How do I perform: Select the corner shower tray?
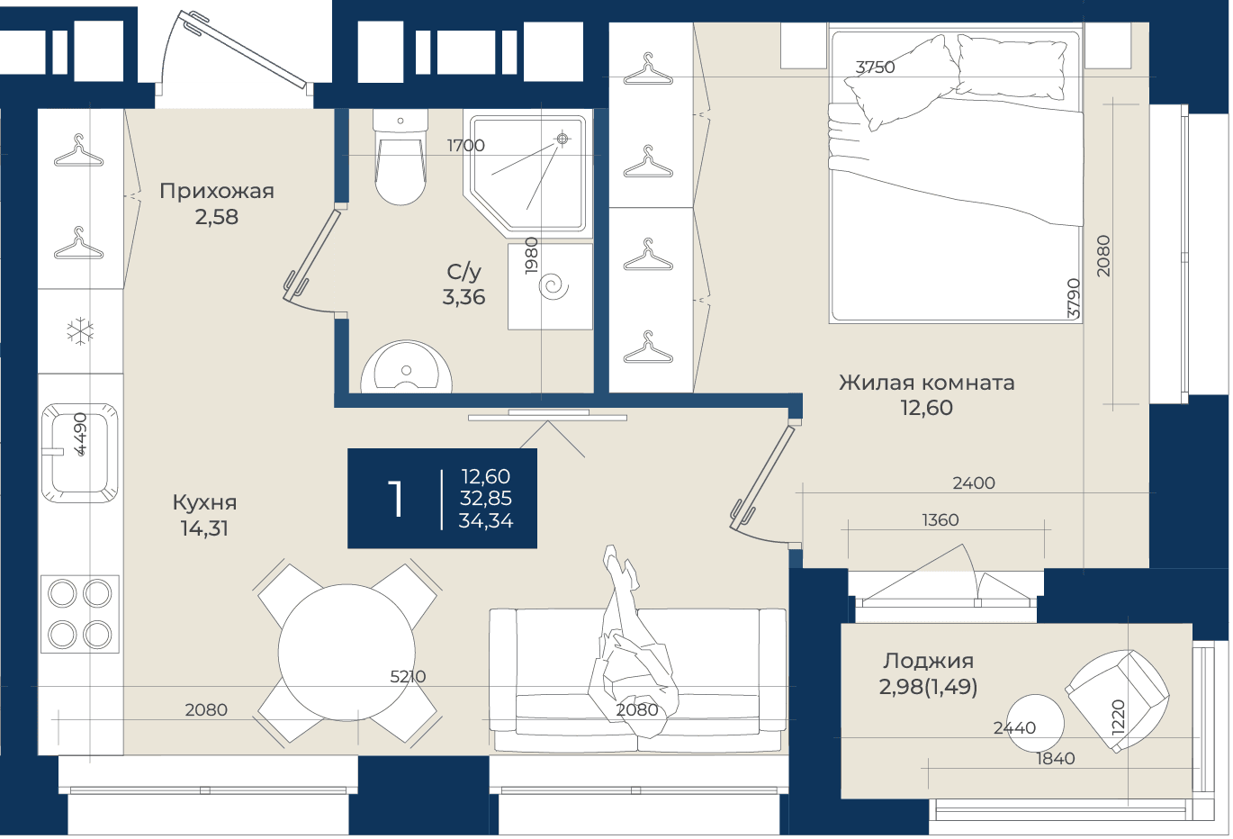pos(527,173)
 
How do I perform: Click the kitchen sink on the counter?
pos(80,453)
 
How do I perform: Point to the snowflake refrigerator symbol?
pos(80,331)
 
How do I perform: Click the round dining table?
pos(346,653)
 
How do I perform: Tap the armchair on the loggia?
pos(1117,700)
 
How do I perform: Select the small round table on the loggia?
pos(1035,723)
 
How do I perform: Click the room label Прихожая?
pos(217,191)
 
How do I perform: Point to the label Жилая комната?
pos(926,383)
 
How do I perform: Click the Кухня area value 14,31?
pos(204,528)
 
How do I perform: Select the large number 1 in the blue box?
pos(396,498)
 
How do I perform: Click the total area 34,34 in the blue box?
pos(486,521)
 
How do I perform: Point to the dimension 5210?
pos(408,677)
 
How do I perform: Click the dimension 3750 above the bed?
pos(875,68)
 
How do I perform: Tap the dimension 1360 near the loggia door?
pos(940,519)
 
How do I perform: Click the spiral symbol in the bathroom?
pos(553,287)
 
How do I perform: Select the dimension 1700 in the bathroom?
pos(465,145)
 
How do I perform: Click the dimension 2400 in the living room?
pos(974,483)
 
